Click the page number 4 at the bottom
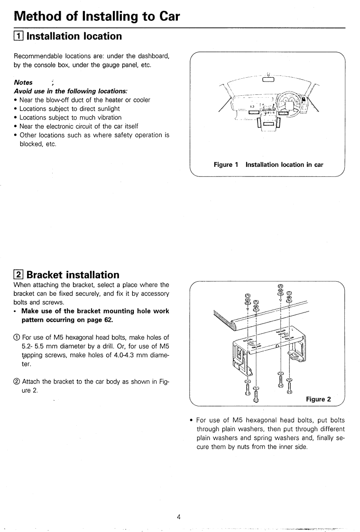(x=179, y=516)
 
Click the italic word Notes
(x=23, y=83)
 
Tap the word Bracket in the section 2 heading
(x=47, y=275)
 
